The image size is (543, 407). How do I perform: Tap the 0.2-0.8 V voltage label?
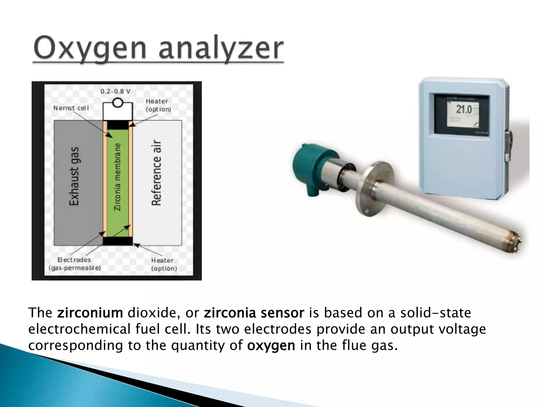click(115, 92)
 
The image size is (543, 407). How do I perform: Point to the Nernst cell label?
click(71, 108)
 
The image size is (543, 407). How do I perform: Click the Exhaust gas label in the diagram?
click(74, 176)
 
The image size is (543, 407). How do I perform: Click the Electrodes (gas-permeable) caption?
click(75, 264)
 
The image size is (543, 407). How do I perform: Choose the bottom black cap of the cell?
click(118, 241)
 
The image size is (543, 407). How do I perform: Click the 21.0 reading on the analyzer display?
click(464, 109)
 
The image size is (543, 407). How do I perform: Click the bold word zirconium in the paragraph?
click(90, 313)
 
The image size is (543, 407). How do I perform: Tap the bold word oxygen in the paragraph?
click(271, 346)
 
